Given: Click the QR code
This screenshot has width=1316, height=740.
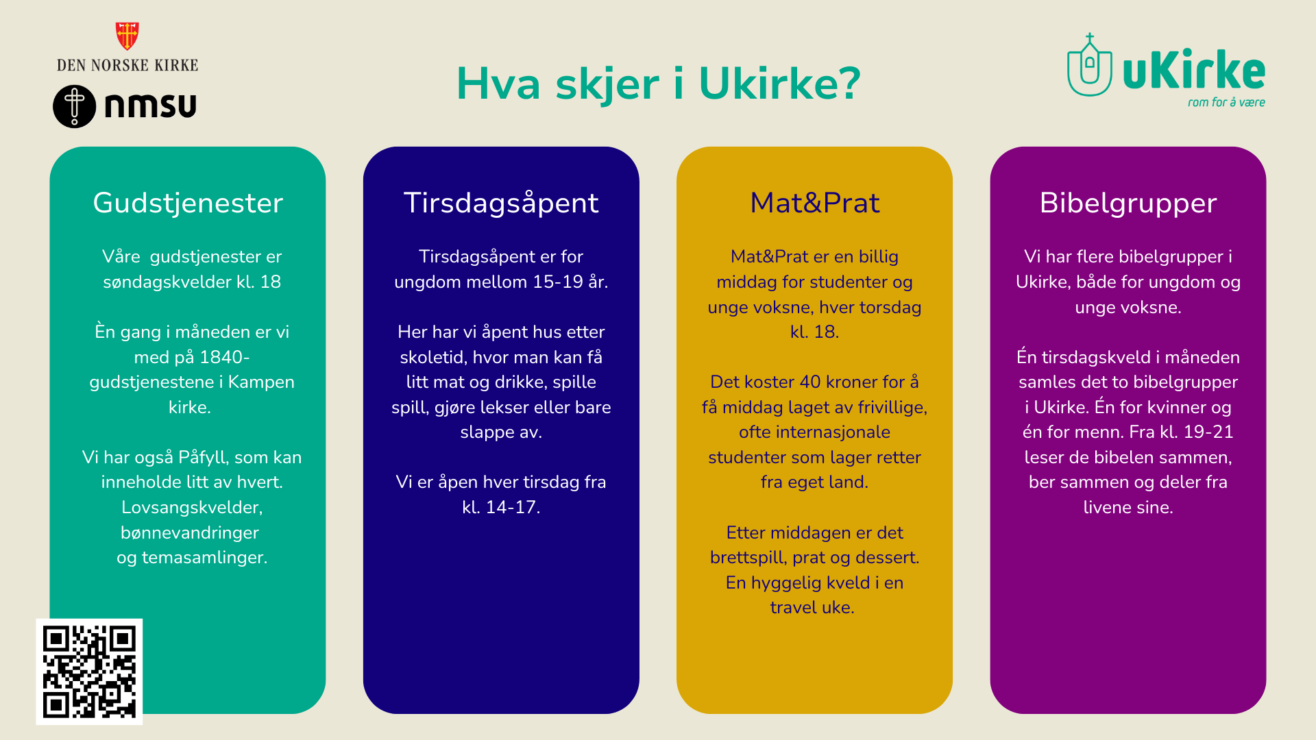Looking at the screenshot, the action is coord(89,671).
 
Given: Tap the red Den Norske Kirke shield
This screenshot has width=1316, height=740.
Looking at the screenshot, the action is coord(127,36).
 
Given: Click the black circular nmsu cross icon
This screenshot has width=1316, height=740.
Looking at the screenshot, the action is coord(75,106).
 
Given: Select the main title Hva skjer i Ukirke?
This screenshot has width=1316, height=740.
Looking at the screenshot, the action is coord(658,84).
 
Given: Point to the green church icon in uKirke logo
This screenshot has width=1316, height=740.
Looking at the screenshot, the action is coord(1090,66).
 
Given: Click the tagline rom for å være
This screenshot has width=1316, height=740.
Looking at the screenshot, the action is coord(1226,102).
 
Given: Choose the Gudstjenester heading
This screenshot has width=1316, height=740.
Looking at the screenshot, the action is coord(188,203).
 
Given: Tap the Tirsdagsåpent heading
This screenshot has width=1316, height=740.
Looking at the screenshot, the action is coord(501,203).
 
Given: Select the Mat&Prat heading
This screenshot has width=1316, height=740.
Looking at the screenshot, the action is coord(814,203).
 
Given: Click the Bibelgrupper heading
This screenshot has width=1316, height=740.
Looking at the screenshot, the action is coord(1128,203).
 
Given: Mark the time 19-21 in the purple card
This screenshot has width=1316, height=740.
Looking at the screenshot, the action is coord(1208,432).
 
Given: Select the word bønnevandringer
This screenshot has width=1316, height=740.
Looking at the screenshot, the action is coord(190,532).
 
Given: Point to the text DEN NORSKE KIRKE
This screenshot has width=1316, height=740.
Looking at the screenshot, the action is coord(127,66).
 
